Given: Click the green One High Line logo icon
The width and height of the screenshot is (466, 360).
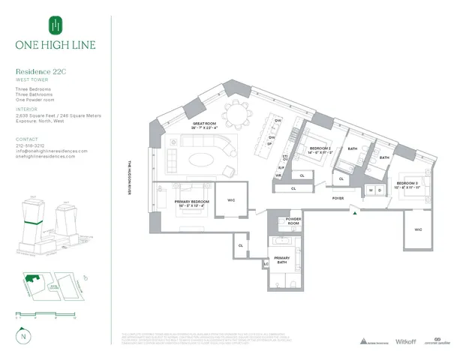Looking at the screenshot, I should click(54, 26).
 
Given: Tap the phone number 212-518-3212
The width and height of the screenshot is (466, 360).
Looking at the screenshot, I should click(31, 145).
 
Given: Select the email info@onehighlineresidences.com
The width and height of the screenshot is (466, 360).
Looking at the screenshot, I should click(51, 151).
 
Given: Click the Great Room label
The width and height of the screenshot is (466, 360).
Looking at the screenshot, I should click(205, 124).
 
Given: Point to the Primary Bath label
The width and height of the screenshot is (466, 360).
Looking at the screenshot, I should click(281, 259).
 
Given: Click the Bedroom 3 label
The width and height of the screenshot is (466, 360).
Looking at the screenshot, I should click(407, 184).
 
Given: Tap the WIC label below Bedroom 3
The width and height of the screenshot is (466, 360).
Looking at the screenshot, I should click(418, 228).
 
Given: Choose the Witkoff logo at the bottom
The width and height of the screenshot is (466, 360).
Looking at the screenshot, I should click(405, 340).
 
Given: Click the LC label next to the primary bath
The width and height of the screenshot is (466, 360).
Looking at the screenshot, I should click(266, 264).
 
